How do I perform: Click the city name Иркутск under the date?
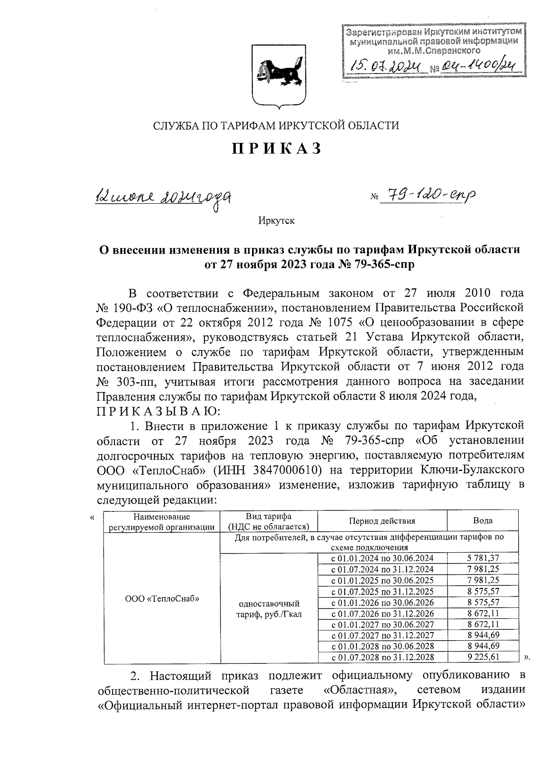pyautogui.click(x=277, y=221)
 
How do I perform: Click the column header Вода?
pyautogui.click(x=482, y=521)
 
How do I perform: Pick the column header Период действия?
pyautogui.click(x=382, y=521)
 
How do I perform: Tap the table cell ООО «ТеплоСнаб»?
pyautogui.click(x=162, y=598)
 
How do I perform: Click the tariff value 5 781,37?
pyautogui.click(x=483, y=558)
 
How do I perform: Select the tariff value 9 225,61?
pyautogui.click(x=483, y=657)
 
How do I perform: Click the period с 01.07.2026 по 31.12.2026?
pyautogui.click(x=382, y=613)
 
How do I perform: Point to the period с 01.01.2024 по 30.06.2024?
pyautogui.click(x=382, y=558)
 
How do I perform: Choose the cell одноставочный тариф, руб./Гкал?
pyautogui.click(x=269, y=609)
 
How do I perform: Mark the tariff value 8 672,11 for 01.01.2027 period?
pyautogui.click(x=483, y=624)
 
